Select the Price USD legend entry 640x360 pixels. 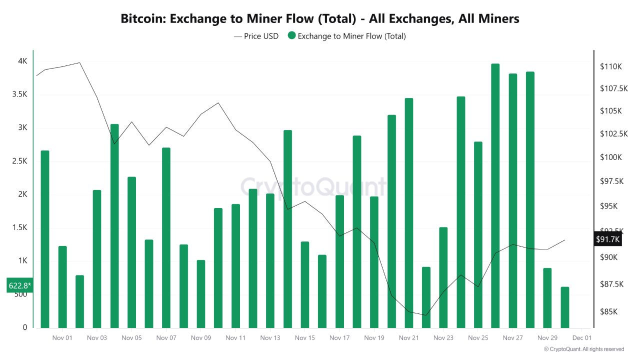(x=256, y=36)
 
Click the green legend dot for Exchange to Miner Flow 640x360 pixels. (x=291, y=36)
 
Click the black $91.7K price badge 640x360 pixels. (x=607, y=239)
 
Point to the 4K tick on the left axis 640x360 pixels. (x=22, y=61)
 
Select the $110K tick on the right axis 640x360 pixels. (x=610, y=66)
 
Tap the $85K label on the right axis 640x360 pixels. (x=608, y=311)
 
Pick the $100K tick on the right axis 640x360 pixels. (x=610, y=157)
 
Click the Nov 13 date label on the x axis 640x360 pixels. (x=270, y=338)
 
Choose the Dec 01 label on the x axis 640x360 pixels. (x=582, y=338)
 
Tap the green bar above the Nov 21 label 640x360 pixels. (x=409, y=213)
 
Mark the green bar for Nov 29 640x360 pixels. (x=547, y=298)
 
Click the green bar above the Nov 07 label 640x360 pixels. (x=166, y=238)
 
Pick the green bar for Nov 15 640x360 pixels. (x=305, y=285)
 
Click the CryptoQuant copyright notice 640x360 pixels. (x=584, y=349)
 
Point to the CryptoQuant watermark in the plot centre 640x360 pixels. (x=313, y=187)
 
